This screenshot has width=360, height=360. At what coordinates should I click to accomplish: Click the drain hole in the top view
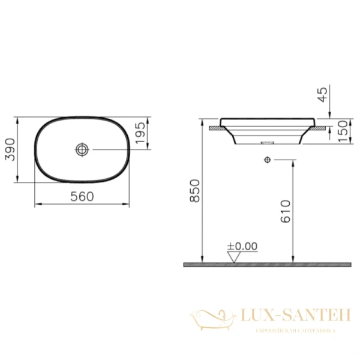click(x=82, y=149)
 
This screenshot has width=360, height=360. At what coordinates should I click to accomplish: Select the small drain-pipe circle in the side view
click(x=268, y=160)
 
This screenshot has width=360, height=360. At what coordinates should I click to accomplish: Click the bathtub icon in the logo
click(x=209, y=317)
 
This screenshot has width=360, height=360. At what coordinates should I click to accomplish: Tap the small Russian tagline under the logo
click(x=295, y=331)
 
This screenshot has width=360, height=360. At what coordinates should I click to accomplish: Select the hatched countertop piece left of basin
click(x=213, y=128)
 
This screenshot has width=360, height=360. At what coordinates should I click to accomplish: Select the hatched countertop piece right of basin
click(x=325, y=128)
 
